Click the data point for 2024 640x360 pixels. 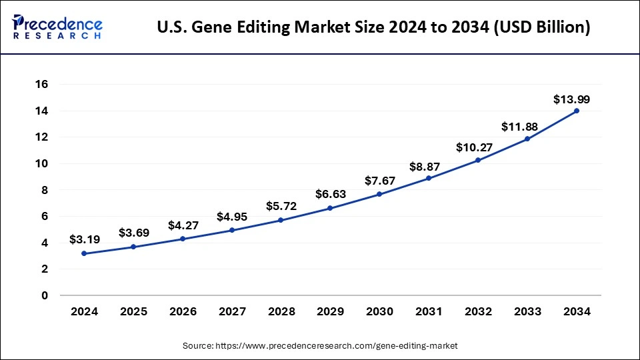click(84, 253)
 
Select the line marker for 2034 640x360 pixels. click(577, 111)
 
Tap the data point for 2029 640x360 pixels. click(330, 208)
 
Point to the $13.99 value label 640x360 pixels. click(571, 99)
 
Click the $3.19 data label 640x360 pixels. click(84, 239)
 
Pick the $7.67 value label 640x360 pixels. click(379, 181)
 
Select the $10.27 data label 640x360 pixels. click(478, 147)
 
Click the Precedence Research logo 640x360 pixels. click(57, 27)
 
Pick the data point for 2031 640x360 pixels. click(429, 178)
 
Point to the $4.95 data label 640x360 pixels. click(231, 216)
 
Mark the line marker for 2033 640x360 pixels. click(527, 139)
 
